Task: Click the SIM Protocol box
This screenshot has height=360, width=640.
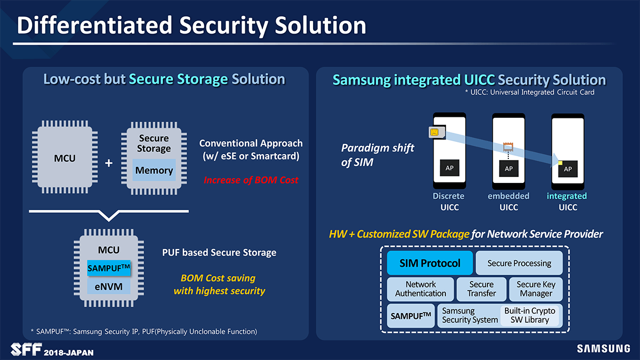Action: point(430,263)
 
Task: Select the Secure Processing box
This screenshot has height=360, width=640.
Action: point(519,263)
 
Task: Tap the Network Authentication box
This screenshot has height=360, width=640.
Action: point(420,289)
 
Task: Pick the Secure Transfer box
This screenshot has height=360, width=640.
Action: point(482,289)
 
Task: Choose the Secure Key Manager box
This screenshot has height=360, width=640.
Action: point(536,289)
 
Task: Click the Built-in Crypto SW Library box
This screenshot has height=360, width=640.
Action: point(530,315)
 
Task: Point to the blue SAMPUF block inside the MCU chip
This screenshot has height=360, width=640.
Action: point(109,267)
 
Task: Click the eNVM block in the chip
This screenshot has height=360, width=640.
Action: point(109,286)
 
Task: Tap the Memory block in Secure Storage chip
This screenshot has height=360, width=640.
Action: point(154,171)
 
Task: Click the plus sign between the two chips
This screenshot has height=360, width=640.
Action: point(109,163)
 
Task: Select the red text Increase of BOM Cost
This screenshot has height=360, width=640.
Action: point(251,180)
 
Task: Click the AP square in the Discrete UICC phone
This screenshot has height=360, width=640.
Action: point(449,169)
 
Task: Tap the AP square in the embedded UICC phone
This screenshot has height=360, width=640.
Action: point(508,169)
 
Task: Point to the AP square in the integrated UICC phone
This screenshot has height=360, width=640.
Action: point(567,169)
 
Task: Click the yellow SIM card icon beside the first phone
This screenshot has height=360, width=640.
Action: point(435,132)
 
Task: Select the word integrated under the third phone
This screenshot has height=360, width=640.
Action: point(566,196)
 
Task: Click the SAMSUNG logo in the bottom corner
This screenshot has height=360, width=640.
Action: point(603,349)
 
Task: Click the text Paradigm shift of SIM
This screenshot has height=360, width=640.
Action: point(377,155)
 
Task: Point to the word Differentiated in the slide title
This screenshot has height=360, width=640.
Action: point(95,25)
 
